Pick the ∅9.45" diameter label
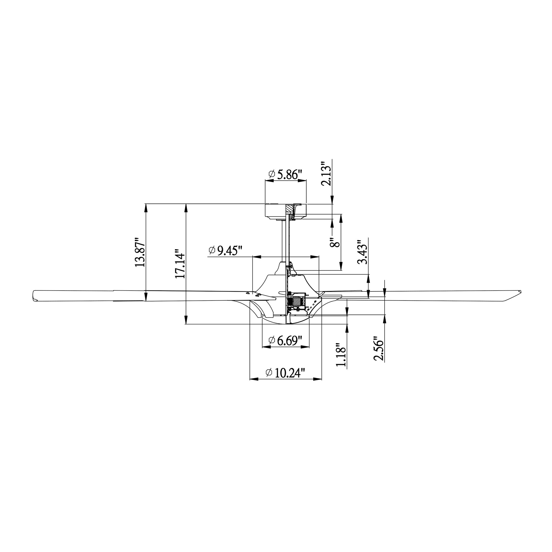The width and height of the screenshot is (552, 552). pos(225,251)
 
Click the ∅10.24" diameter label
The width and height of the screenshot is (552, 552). pos(285,373)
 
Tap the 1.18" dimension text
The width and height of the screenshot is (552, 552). pos(341,354)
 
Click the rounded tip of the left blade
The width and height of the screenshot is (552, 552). pos(34,296)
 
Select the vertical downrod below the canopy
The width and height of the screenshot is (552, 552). pos(284,240)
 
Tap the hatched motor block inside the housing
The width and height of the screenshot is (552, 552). pos(297,301)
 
